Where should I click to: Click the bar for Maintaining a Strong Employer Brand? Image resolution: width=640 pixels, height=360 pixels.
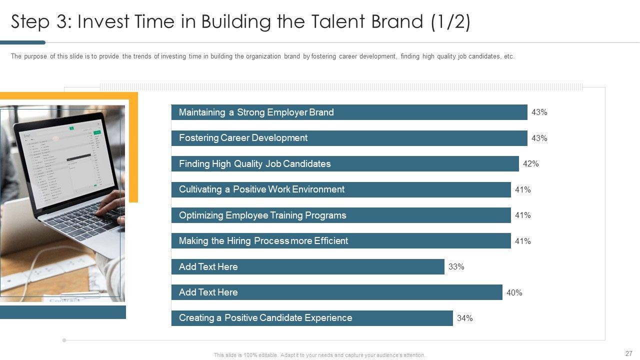tap(349, 112)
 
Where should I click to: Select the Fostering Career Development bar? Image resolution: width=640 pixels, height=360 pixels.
tap(349, 138)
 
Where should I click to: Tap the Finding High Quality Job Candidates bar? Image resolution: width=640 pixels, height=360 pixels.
tap(345, 164)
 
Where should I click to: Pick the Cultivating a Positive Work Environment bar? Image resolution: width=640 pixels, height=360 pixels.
tap(341, 189)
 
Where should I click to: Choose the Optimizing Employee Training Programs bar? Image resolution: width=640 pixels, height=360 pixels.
tap(341, 215)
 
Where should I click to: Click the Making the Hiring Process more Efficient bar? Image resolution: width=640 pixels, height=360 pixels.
tap(341, 241)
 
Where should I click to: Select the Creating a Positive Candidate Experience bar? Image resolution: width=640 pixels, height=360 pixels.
tap(312, 318)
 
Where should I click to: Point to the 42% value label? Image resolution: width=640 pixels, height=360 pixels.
tap(531, 164)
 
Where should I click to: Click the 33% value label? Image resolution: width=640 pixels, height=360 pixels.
tap(456, 267)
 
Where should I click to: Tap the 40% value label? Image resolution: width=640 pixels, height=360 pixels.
tap(514, 293)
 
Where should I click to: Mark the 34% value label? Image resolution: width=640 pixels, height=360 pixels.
tap(464, 318)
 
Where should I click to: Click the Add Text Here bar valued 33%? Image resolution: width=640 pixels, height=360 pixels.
tap(307, 266)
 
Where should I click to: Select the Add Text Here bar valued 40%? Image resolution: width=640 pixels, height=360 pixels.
tap(336, 292)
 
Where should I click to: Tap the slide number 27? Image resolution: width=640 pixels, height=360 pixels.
tap(628, 353)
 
